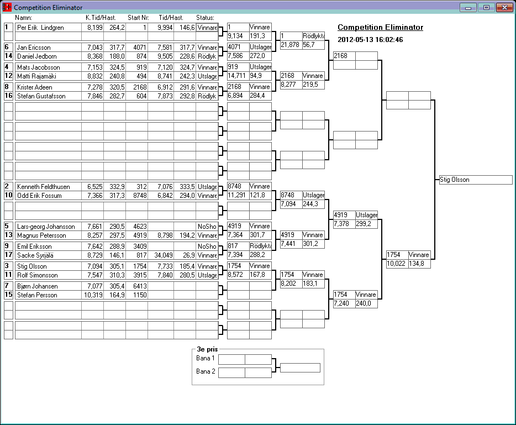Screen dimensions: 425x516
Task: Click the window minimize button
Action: pos(470,8)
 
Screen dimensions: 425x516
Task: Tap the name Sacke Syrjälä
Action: pos(34,255)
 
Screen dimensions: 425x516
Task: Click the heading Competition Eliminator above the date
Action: pos(380,28)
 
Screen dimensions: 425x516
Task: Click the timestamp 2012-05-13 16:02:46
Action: pos(370,40)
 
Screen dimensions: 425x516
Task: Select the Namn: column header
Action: pos(24,18)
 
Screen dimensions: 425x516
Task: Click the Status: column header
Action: pos(205,18)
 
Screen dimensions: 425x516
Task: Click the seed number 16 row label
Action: pos(8,96)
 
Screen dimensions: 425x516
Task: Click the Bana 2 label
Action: pos(206,371)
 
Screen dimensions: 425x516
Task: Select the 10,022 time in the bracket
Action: pos(396,264)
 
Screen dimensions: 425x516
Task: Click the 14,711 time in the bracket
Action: pos(237,76)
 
